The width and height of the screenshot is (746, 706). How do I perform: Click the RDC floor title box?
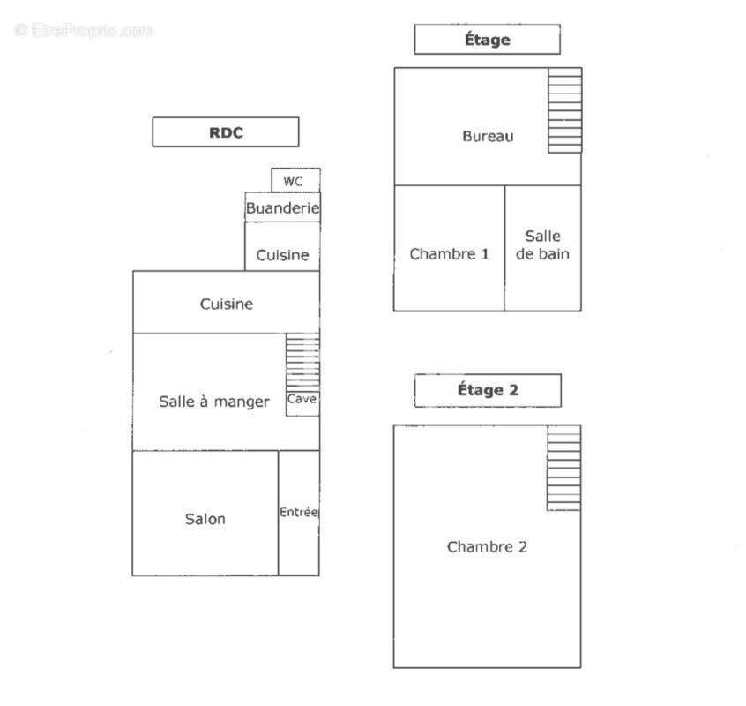(x=226, y=131)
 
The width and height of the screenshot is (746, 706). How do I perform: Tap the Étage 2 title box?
(x=488, y=390)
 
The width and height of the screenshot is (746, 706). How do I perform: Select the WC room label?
(x=293, y=182)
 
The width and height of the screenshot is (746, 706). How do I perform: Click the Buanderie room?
(x=282, y=207)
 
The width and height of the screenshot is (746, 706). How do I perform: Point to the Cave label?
(x=302, y=399)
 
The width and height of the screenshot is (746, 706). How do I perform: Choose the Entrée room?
(x=299, y=513)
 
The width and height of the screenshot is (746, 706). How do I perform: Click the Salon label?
(x=205, y=518)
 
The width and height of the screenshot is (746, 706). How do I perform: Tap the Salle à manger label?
(x=214, y=402)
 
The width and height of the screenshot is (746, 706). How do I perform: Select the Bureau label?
(x=489, y=136)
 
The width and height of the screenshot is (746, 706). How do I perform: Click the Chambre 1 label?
(x=449, y=254)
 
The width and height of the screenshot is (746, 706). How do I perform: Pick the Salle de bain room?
(x=543, y=248)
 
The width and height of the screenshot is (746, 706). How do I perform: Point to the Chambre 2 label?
(x=487, y=546)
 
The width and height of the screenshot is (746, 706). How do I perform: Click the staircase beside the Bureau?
(x=564, y=110)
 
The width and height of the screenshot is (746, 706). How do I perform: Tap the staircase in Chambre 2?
(x=563, y=469)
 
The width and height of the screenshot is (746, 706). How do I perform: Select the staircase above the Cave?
(x=302, y=362)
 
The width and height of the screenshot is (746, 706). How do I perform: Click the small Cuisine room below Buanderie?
(x=282, y=246)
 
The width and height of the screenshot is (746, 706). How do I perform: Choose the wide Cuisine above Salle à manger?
(x=227, y=302)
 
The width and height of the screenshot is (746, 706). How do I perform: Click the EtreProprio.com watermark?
(x=84, y=31)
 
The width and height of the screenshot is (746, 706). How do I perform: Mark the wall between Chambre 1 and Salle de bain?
(x=504, y=248)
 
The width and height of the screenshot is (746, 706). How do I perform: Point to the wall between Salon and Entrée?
(x=279, y=513)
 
